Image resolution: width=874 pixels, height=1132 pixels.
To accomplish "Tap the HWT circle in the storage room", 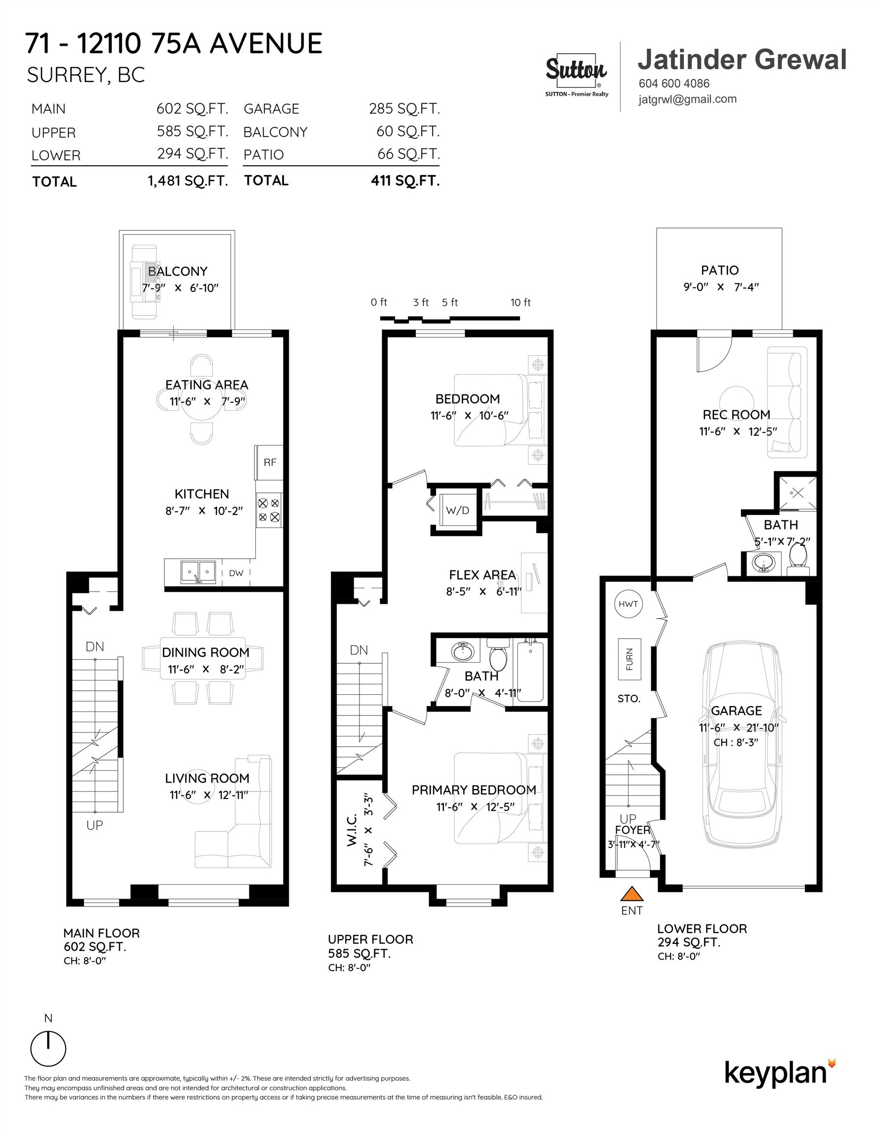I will [x=628, y=604].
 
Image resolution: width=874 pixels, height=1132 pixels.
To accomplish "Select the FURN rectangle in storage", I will [x=629, y=659].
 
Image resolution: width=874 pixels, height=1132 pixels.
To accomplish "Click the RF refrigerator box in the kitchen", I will [x=270, y=462].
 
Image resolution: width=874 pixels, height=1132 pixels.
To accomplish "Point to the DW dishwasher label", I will [x=236, y=573].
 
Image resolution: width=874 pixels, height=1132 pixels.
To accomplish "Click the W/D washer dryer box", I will [x=458, y=510].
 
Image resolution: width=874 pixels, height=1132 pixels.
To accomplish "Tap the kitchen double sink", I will [x=198, y=572].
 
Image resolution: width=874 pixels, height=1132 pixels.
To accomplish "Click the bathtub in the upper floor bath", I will [x=530, y=672].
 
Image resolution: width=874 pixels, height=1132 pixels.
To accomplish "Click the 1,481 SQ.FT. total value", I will [x=188, y=181].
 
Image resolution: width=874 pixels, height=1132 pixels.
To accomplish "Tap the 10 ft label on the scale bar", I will [x=520, y=302].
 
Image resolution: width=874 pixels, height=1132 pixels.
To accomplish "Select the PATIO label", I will [x=720, y=270].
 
